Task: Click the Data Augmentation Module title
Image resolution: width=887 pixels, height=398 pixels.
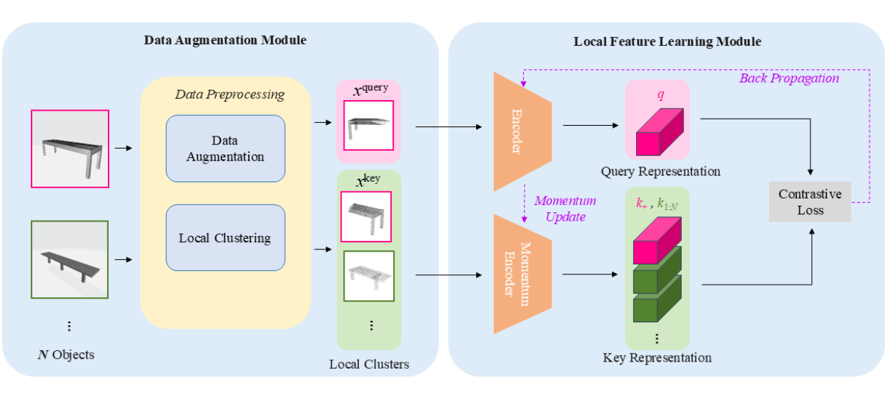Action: pos(224,40)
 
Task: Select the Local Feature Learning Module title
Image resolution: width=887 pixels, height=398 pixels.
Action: pos(667,41)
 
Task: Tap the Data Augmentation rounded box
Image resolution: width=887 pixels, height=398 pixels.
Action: pos(225,149)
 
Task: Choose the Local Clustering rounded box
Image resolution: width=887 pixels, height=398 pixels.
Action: pos(225,237)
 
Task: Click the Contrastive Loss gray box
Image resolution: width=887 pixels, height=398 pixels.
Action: pos(810,202)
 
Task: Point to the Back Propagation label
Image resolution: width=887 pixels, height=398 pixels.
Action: pos(788,78)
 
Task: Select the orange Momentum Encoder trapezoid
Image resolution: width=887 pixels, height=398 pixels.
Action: pos(522,274)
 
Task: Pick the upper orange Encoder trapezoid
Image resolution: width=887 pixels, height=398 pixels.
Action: pos(522,131)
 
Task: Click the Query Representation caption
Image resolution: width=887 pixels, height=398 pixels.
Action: pos(660,171)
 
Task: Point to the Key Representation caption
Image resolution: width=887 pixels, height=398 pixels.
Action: pos(658,357)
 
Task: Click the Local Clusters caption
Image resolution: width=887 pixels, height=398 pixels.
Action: pos(369,364)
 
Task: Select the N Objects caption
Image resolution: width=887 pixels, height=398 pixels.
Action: pos(66,354)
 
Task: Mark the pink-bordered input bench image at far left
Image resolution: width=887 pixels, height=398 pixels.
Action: pos(70,149)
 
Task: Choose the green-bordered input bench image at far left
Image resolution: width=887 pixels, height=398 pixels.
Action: pos(70,258)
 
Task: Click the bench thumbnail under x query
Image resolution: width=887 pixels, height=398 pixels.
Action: pos(368,125)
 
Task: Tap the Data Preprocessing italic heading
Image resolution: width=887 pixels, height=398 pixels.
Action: pos(229,94)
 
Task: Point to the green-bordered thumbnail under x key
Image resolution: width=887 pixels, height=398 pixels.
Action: pos(369,276)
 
